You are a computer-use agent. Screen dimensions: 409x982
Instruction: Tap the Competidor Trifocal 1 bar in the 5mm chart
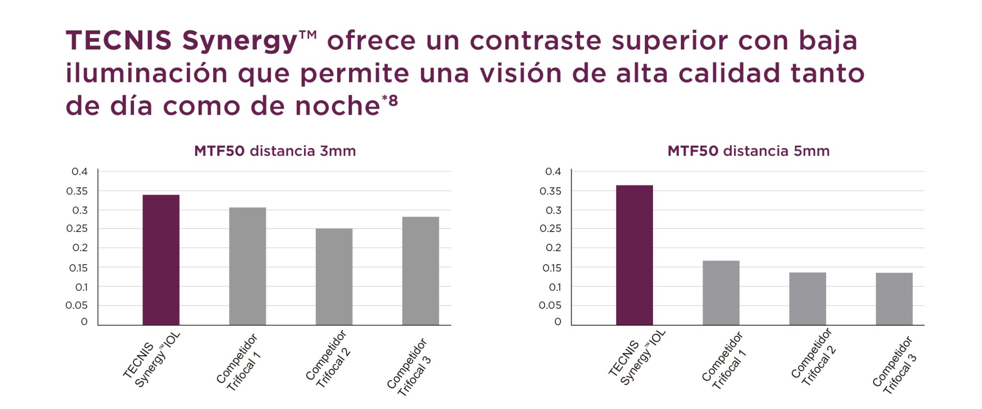coord(721,293)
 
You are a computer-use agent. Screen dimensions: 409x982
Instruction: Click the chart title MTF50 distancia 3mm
coord(275,151)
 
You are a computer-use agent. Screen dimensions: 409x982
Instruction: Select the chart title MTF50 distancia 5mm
coord(748,151)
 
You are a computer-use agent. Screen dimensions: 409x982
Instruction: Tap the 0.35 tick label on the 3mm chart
coord(77,191)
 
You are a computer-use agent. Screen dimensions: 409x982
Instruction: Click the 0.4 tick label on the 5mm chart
coord(553,172)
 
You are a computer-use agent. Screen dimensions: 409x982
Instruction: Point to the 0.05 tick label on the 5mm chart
coord(550,305)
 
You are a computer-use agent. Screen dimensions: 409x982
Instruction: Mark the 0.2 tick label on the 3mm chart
coord(80,248)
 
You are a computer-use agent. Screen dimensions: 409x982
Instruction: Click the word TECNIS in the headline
coord(118,40)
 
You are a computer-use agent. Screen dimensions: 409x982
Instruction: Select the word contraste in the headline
coord(535,40)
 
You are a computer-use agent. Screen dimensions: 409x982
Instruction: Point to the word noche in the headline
coord(337,106)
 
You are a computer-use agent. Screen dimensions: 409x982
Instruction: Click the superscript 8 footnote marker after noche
coord(393,101)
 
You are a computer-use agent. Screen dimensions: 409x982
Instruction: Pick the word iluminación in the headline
coord(146,73)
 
